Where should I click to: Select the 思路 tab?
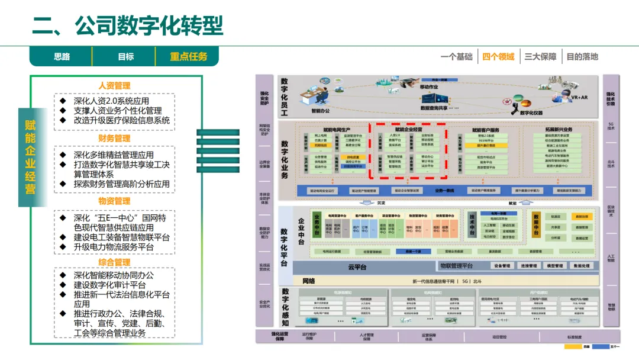coord(62,56)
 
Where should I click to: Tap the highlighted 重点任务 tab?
coord(189,56)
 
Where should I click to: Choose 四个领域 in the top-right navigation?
coord(498,56)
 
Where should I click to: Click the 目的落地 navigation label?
coord(582,56)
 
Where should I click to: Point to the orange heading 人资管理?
coord(114,85)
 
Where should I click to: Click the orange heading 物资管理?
coord(114,201)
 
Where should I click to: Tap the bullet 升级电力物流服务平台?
coord(114,247)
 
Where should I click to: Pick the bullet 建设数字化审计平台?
coord(114,285)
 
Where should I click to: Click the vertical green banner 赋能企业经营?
coord(30,156)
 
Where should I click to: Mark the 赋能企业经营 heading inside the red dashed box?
coord(408,128)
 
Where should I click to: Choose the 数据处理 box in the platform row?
coord(582,266)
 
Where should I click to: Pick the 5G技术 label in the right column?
coord(611,126)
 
